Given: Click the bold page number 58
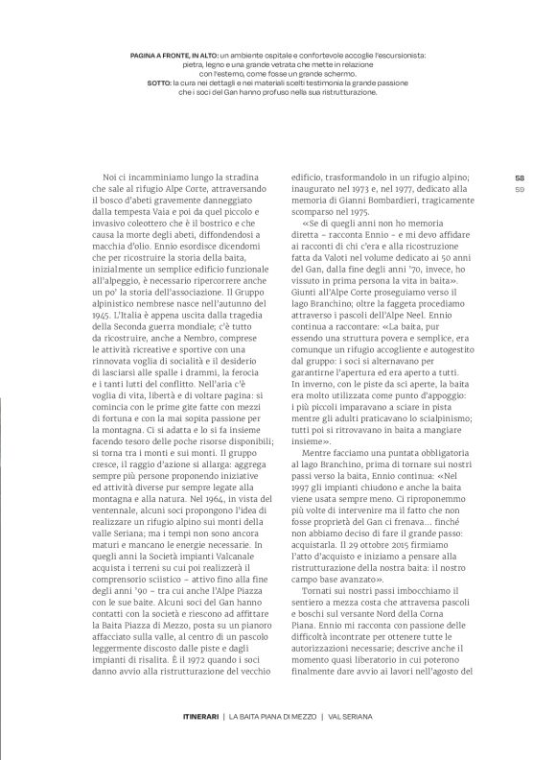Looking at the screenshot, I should (520, 177).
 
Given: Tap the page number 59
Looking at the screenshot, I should (520, 189).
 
